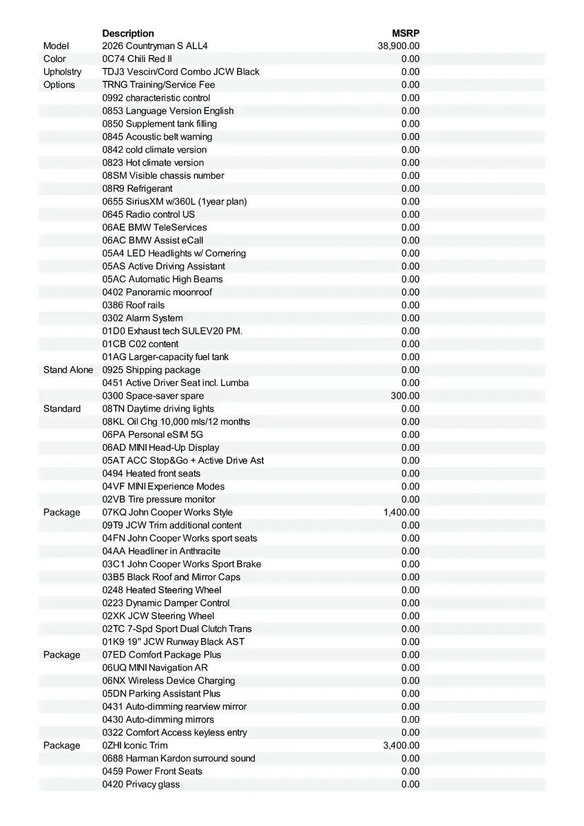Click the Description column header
coord(128,33)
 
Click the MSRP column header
coord(406,33)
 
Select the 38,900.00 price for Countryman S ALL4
coord(399,46)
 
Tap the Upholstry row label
coord(62,72)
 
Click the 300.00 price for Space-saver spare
coord(405,396)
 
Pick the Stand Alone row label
coord(67,370)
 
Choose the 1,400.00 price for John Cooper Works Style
coord(401,512)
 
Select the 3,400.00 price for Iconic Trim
coord(401,745)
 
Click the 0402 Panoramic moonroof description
coord(157,292)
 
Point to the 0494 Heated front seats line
coord(152,474)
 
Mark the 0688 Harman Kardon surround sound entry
coord(178,759)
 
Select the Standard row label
coord(62,409)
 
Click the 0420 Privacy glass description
coord(141,785)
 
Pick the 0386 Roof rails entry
coord(134,305)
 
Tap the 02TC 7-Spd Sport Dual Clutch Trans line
coord(177,629)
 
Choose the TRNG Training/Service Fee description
coord(158,85)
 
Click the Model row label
coord(55,46)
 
